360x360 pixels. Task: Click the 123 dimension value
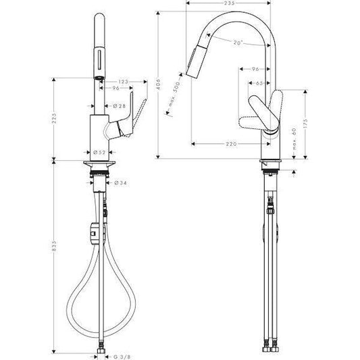pos(123,80)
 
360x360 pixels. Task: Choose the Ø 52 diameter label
pos(99,152)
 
